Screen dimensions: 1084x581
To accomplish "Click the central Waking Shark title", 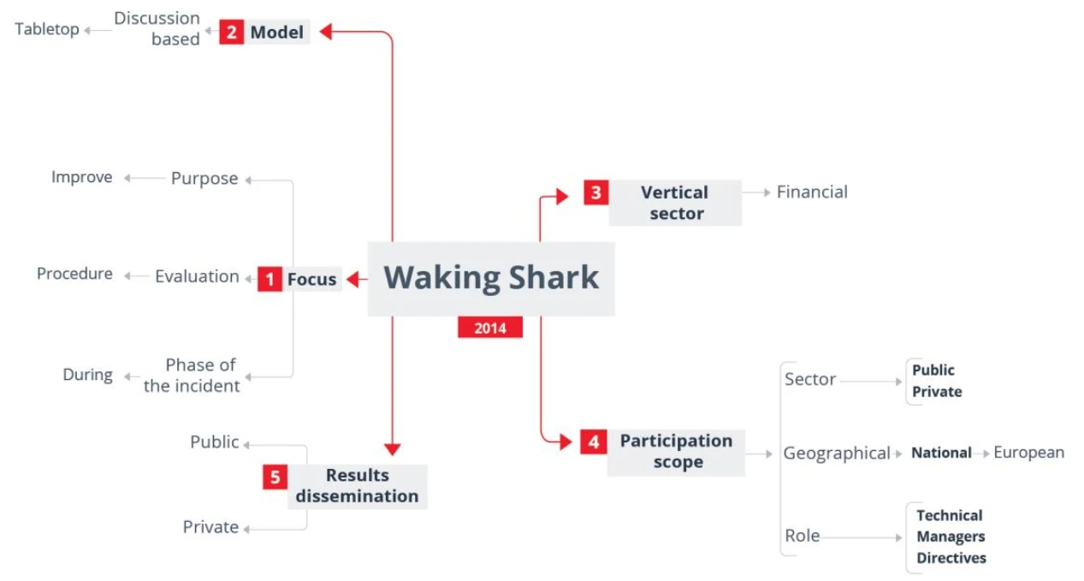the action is coord(491,278).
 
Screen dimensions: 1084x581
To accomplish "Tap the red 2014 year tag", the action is coord(490,328).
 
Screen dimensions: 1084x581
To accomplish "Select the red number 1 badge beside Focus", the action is coord(270,279).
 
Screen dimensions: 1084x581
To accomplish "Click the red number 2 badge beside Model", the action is coord(231,32).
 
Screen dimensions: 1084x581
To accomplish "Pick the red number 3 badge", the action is coord(596,193).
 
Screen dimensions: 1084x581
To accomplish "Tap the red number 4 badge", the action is coord(593,442).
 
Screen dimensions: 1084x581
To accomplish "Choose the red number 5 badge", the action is coord(275,477).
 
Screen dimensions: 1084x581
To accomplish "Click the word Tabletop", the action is coord(47,30).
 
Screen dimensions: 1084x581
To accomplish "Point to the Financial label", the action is coord(812,193).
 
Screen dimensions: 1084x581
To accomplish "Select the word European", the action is coord(1029,453).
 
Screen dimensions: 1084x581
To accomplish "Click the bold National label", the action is coord(941,453).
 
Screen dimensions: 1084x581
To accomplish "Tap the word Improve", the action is coord(82,178).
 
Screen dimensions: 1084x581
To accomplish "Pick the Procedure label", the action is coord(74,274).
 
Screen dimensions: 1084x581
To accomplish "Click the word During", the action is coord(87,375).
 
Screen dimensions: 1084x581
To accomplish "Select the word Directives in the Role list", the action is coord(951,558).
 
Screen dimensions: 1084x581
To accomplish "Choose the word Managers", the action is coord(951,537).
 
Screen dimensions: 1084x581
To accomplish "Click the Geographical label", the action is coord(837,454).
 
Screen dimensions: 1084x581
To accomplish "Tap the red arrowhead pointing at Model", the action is coord(326,32).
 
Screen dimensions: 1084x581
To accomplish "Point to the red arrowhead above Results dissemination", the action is coord(393,449).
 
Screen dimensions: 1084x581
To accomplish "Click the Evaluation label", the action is coord(197,276).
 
